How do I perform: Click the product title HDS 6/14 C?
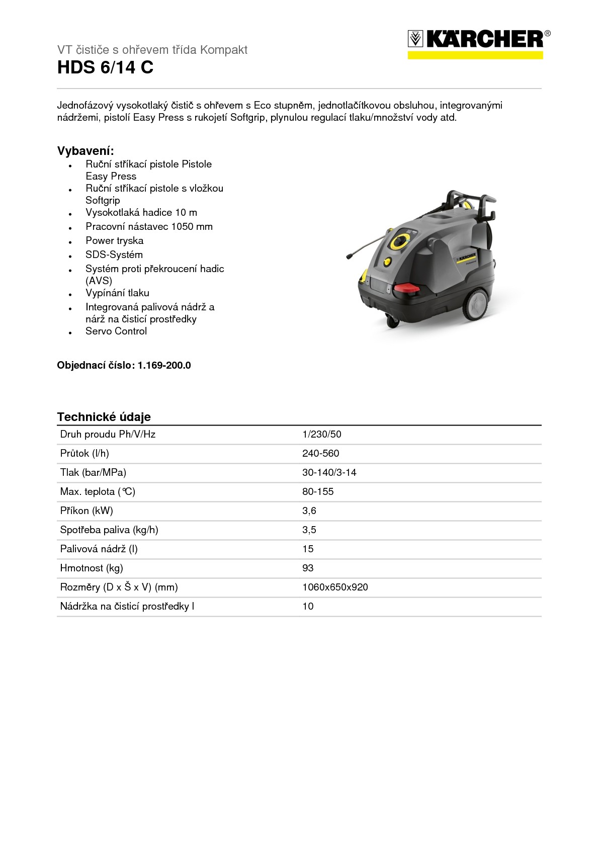click(105, 67)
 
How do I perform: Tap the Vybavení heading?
click(85, 151)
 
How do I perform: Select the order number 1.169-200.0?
click(164, 366)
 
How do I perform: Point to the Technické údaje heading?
click(104, 417)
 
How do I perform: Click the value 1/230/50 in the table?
click(321, 435)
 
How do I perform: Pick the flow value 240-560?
click(320, 454)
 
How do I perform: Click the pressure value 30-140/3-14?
click(329, 473)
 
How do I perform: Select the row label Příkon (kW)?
click(87, 511)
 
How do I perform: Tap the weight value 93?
click(308, 568)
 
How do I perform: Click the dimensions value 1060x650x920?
click(335, 587)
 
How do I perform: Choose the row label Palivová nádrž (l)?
click(99, 549)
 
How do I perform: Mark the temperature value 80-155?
click(318, 492)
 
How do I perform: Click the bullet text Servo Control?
click(116, 331)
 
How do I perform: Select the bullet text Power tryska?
click(114, 241)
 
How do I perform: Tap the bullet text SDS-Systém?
click(114, 255)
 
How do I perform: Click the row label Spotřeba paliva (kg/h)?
click(109, 530)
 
